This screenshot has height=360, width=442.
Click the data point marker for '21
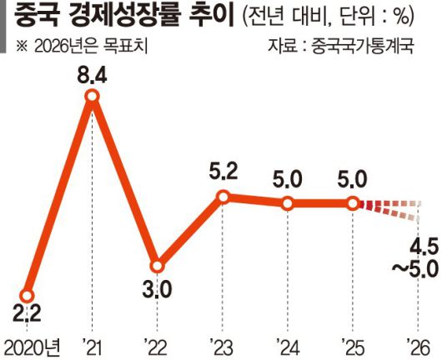[x=93, y=99]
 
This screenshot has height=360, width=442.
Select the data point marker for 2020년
[x=27, y=296]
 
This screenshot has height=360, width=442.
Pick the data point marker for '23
[x=223, y=197]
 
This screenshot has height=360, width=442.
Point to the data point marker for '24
[x=288, y=203]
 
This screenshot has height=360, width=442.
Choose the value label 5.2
[x=224, y=173]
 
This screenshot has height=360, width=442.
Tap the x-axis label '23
[x=223, y=344]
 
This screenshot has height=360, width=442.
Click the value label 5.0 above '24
[x=288, y=180]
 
